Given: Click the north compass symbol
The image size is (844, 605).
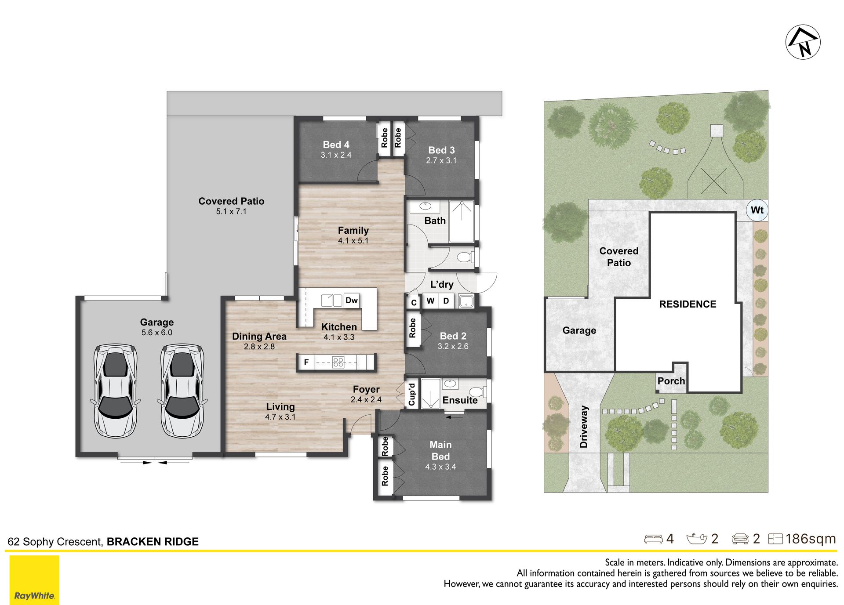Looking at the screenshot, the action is pos(803,42).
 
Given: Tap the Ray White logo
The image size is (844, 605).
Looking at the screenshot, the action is pos(34,580).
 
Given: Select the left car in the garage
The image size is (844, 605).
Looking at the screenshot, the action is pos(115,391).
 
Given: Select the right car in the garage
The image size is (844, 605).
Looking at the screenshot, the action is pos(182,391).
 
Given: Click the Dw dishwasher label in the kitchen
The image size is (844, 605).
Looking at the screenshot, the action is pos(352,301).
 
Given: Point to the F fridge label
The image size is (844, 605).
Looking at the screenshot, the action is pos(306,362).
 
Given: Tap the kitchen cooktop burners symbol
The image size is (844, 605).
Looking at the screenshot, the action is pos(338,362).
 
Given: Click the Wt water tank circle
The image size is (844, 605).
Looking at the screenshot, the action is pos(757,210).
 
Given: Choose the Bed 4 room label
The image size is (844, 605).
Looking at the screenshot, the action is pos(336,145).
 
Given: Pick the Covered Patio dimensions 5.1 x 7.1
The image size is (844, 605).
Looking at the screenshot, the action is pos(231,211).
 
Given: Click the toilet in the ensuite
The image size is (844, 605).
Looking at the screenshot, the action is pos(477,391).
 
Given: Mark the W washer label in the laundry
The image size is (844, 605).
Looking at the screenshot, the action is pos(430,301).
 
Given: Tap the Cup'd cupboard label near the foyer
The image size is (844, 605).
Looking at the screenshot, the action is pos(412,394).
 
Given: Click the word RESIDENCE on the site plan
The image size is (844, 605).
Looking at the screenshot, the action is pos(688,304).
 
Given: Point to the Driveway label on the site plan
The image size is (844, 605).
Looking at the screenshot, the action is pos(584,427).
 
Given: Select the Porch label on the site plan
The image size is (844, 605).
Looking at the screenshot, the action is pos(671,381).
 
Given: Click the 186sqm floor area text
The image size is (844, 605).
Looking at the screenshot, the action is pos(811,539).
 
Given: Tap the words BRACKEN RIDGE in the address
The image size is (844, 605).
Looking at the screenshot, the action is pos(153,542).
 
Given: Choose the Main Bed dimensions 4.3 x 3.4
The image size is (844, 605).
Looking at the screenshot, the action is pos(440,467).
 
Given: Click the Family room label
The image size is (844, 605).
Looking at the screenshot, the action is pos(353,230).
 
